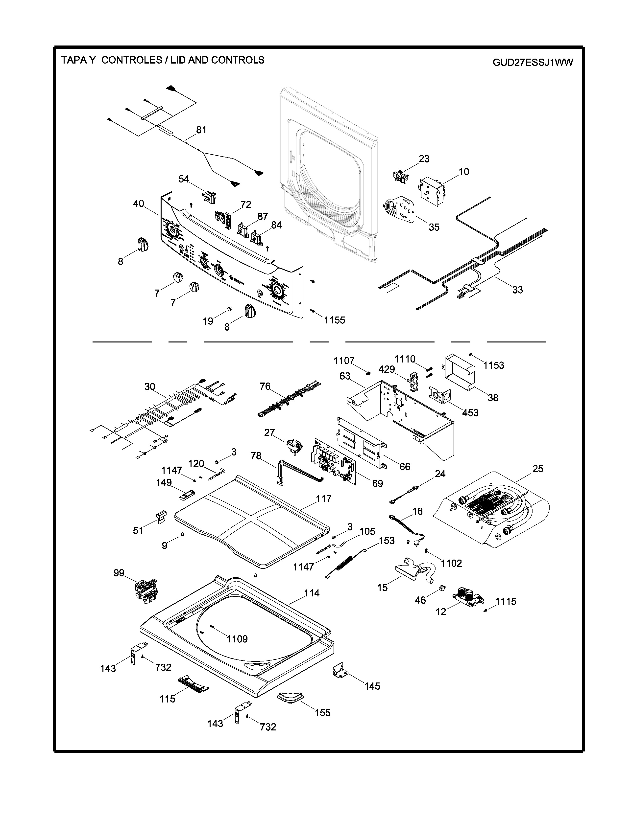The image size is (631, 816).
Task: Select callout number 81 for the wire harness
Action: coord(201,130)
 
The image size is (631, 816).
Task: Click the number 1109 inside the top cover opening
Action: coord(237,639)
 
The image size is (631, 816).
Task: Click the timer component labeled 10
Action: coord(432,190)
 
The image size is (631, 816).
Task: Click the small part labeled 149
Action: coord(187,496)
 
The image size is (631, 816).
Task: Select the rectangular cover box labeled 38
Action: coord(458,372)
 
